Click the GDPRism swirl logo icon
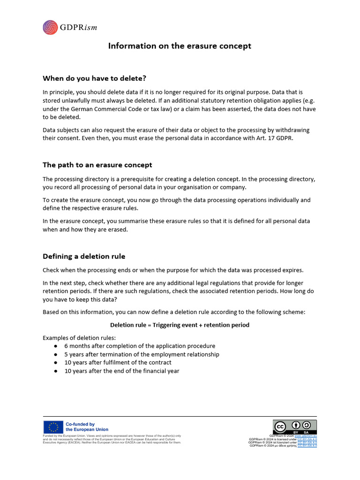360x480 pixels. pos(50,28)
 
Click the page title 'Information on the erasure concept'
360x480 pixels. pos(180,46)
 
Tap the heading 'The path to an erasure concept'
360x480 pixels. pos(97,165)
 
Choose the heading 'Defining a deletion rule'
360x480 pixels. pos(84,256)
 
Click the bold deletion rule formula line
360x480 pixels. pos(180,325)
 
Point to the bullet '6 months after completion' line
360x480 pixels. pos(140,346)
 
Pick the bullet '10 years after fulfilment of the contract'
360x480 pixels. pos(118,362)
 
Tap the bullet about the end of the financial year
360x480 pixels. pos(122,371)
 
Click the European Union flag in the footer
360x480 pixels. pos(53,427)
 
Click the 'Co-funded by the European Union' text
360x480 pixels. pos(87,427)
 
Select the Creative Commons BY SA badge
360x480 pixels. pos(295,427)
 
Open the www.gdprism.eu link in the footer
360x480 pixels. pos(305,435)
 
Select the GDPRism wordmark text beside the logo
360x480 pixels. pos(78,28)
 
